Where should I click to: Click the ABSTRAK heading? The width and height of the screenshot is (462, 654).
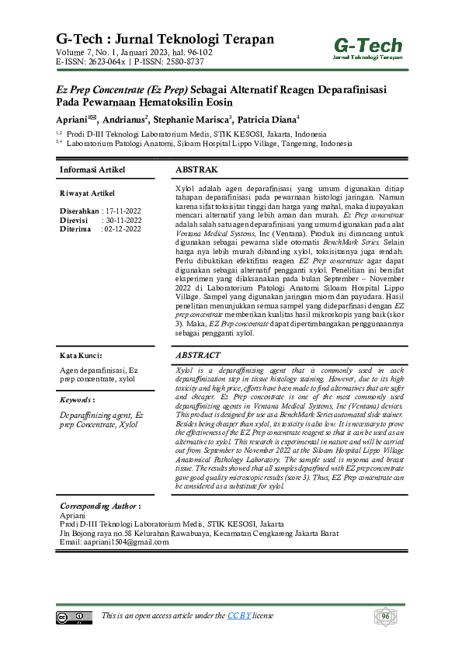coord(196,169)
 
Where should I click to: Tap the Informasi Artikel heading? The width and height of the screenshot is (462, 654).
coord(92,169)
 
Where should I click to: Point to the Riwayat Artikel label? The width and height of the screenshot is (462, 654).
coord(87,193)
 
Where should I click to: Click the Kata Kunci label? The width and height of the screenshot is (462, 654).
coord(81,355)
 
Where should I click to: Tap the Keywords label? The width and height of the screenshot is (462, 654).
coord(78,400)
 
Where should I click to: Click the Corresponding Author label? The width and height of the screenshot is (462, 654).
coord(100,505)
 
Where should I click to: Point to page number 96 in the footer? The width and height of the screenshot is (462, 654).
coord(384,617)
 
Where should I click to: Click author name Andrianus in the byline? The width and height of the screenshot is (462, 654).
coord(123,120)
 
